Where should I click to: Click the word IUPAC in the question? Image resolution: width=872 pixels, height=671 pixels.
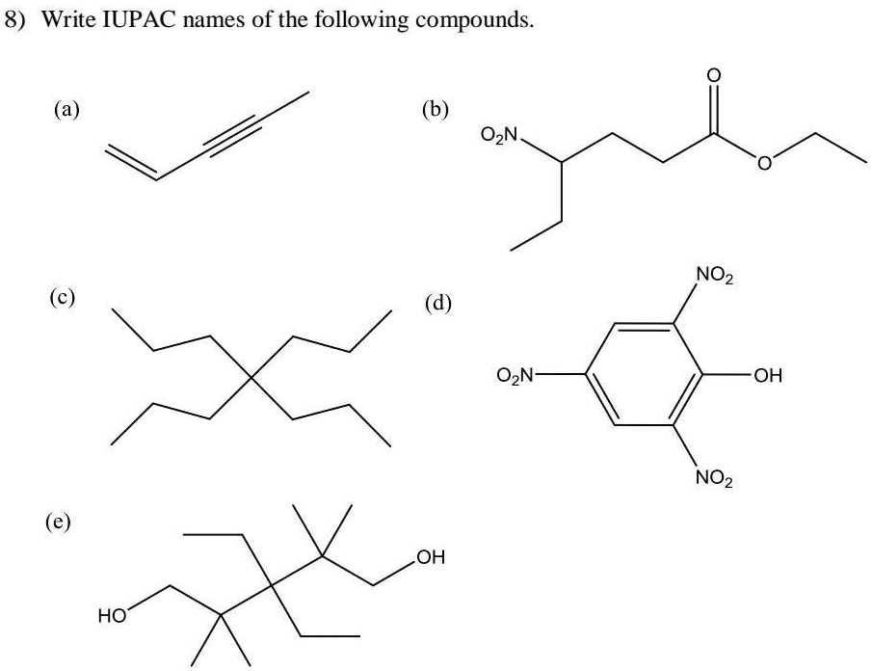point(140,19)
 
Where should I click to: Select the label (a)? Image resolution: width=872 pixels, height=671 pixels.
point(66,109)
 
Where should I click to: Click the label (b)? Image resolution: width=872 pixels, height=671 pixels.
point(435,109)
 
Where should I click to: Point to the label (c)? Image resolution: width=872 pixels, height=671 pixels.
point(63,298)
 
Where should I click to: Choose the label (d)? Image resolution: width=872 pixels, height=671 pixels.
point(437,304)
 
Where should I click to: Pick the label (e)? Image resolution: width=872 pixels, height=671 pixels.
point(59,522)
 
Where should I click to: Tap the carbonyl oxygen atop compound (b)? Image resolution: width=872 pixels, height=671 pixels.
point(714,75)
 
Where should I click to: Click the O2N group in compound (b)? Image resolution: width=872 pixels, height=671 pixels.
point(499,135)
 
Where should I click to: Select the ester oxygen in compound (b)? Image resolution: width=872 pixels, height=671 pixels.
point(765,163)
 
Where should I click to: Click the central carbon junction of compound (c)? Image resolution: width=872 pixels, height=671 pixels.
point(251,378)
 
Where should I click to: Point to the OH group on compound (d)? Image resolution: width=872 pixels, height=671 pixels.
point(767,376)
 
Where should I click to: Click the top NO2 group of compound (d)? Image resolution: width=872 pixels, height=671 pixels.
point(714,276)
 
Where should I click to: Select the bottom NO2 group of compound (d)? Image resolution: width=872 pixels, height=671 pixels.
point(714,477)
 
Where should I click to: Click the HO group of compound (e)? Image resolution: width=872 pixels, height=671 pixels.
point(113,616)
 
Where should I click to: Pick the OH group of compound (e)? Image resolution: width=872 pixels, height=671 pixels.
point(431,557)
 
